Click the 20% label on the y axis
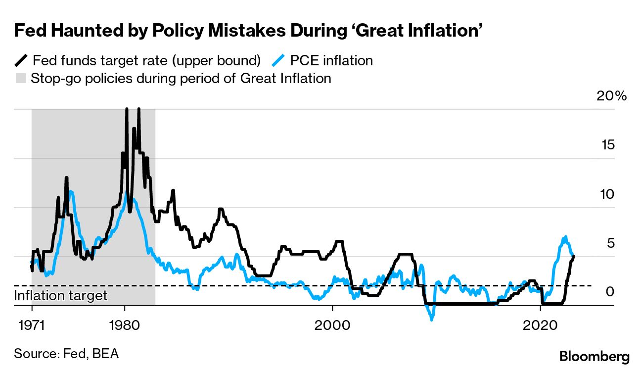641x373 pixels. tap(612, 96)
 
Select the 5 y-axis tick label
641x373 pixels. tap(610, 243)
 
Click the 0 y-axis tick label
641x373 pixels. tap(610, 292)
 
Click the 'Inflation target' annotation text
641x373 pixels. tap(61, 296)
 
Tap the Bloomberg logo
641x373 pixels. tap(595, 357)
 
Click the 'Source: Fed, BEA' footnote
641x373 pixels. tap(66, 354)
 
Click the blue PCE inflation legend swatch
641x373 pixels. tap(279, 60)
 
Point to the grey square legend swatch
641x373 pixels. tap(20, 78)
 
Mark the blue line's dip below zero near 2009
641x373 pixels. tap(432, 319)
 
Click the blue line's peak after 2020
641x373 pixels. tap(565, 236)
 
